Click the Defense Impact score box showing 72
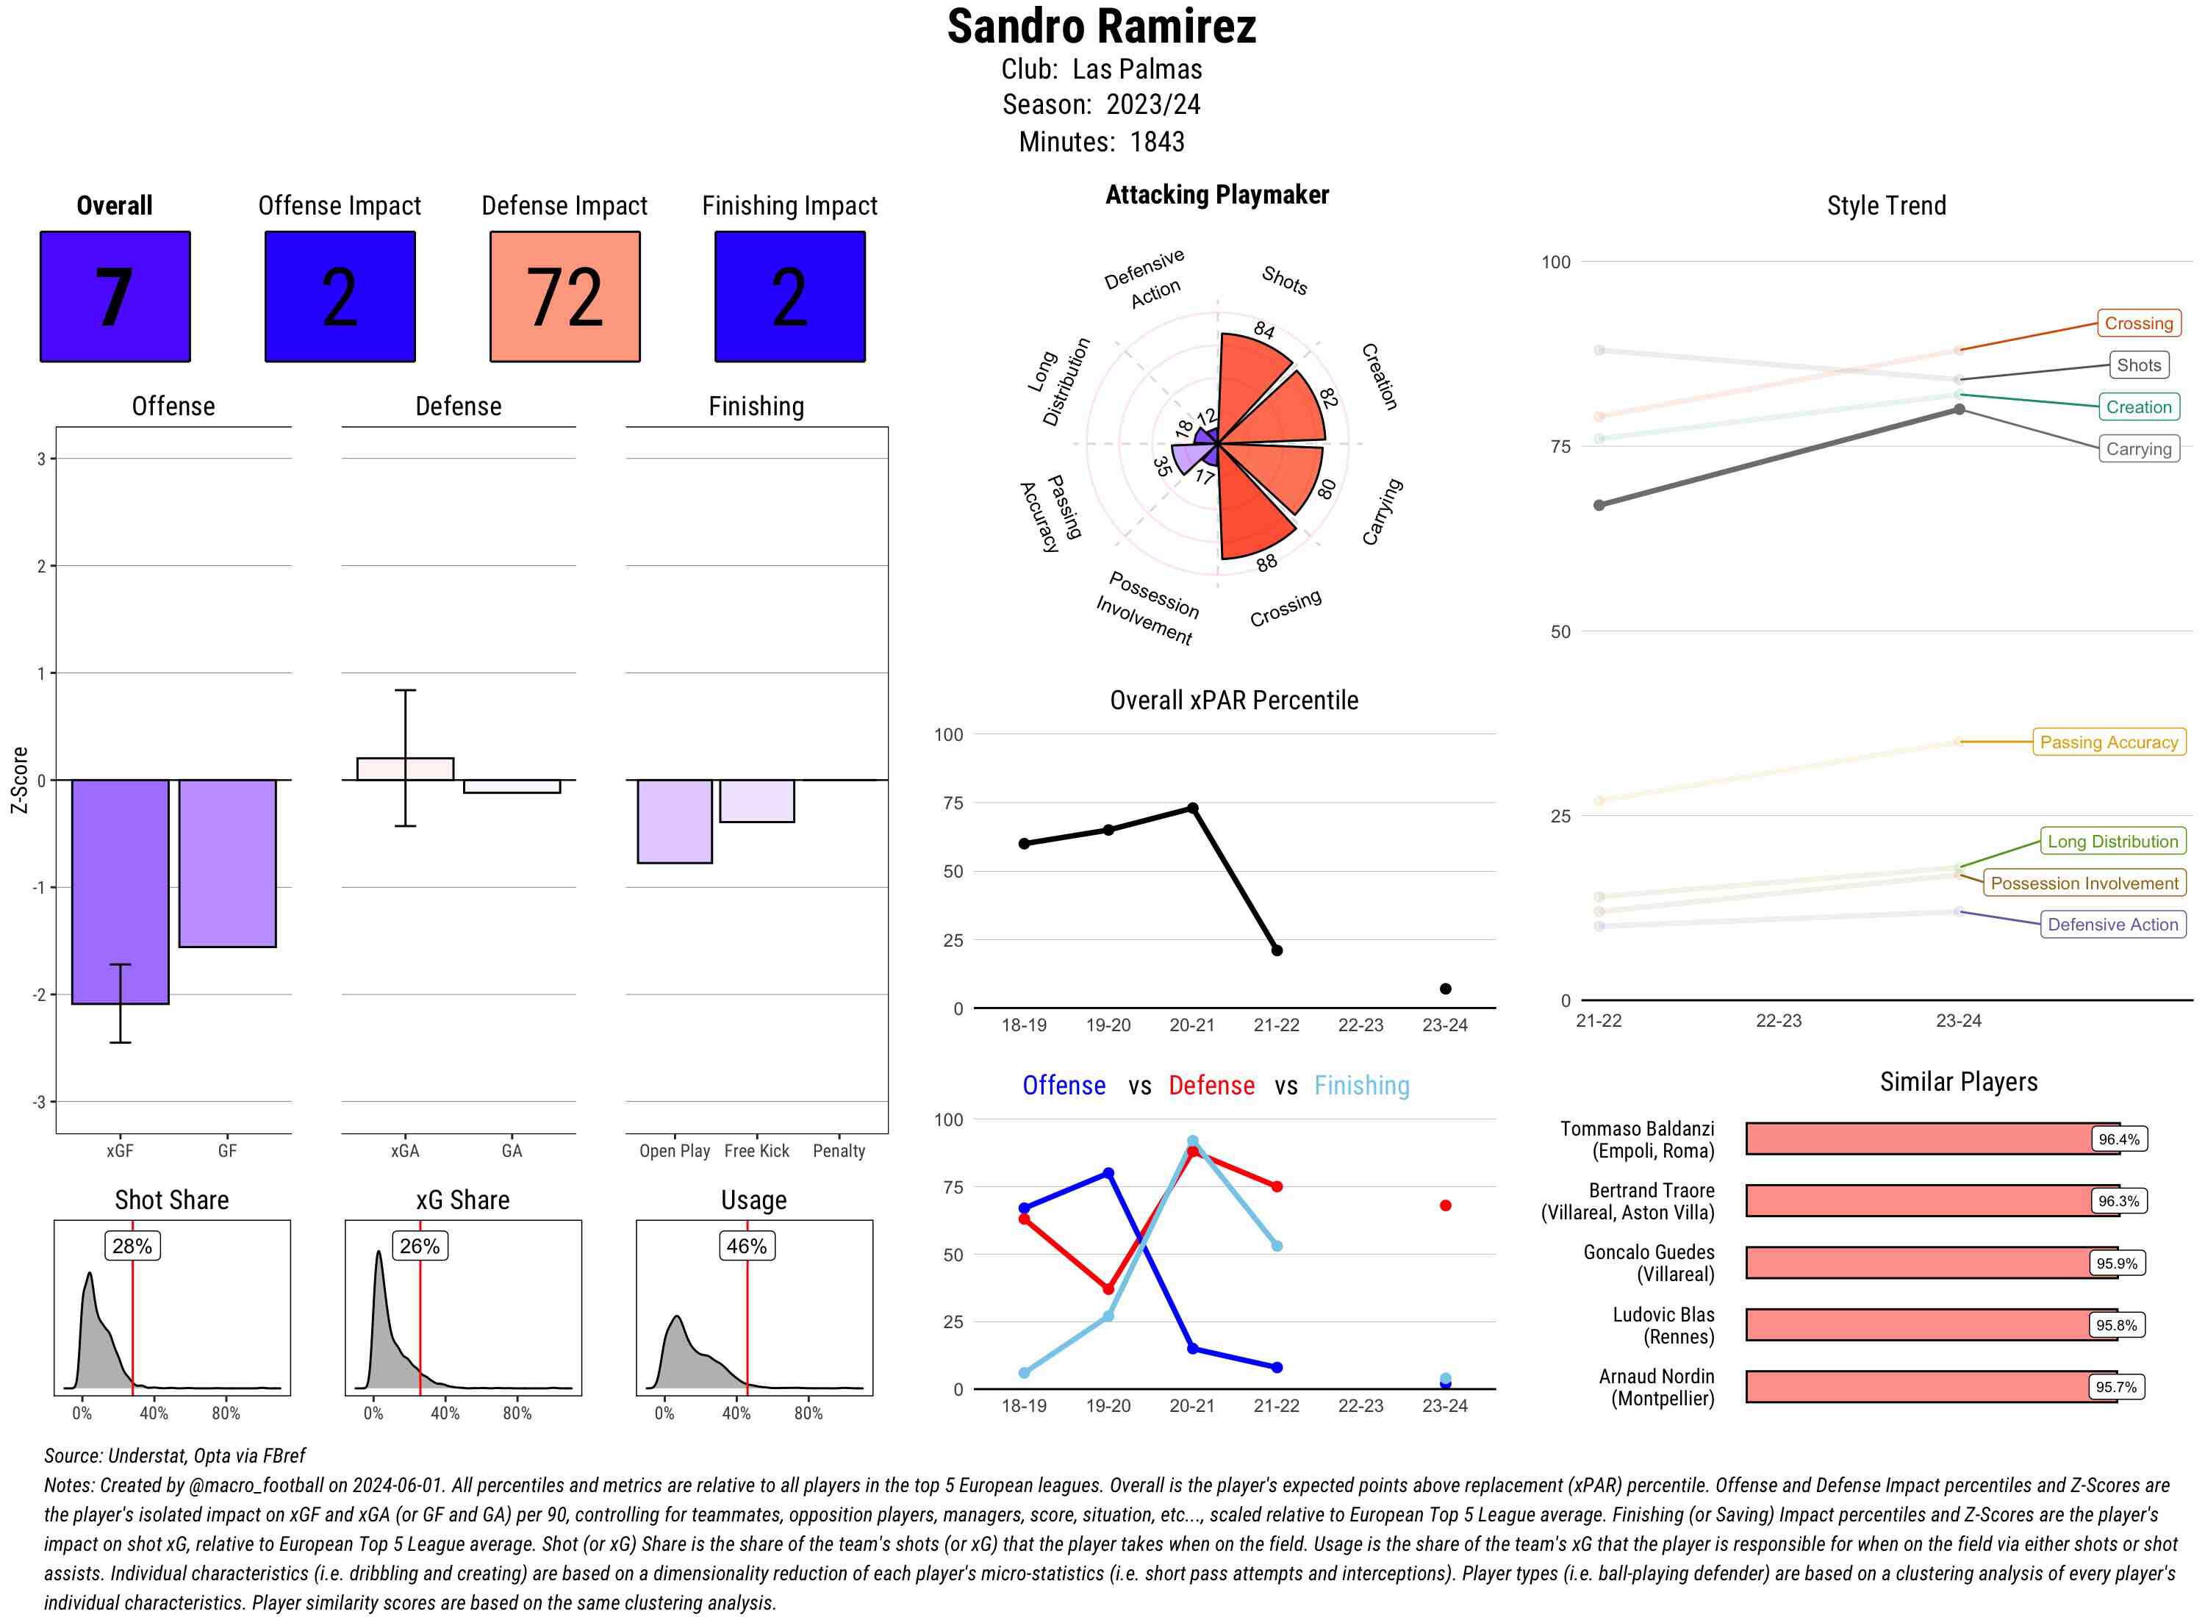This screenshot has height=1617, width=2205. pyautogui.click(x=564, y=297)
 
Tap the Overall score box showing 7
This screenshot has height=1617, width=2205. pyautogui.click(x=115, y=297)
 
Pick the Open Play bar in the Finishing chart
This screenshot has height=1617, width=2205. pyautogui.click(x=674, y=820)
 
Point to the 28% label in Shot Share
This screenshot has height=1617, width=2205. pyautogui.click(x=132, y=1246)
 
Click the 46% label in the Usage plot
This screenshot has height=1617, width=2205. pyautogui.click(x=747, y=1246)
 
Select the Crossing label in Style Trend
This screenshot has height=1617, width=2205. pyautogui.click(x=2137, y=323)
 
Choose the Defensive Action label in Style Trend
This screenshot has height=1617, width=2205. pyautogui.click(x=2112, y=924)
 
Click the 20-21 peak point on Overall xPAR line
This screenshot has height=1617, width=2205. pyautogui.click(x=1192, y=808)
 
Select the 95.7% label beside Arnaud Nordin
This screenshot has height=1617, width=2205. pyautogui.click(x=2116, y=1387)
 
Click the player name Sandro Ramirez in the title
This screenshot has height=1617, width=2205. pyautogui.click(x=1101, y=27)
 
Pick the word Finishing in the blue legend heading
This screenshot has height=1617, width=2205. pyautogui.click(x=1361, y=1086)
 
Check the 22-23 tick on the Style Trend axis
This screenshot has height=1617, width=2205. pyautogui.click(x=1778, y=1020)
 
